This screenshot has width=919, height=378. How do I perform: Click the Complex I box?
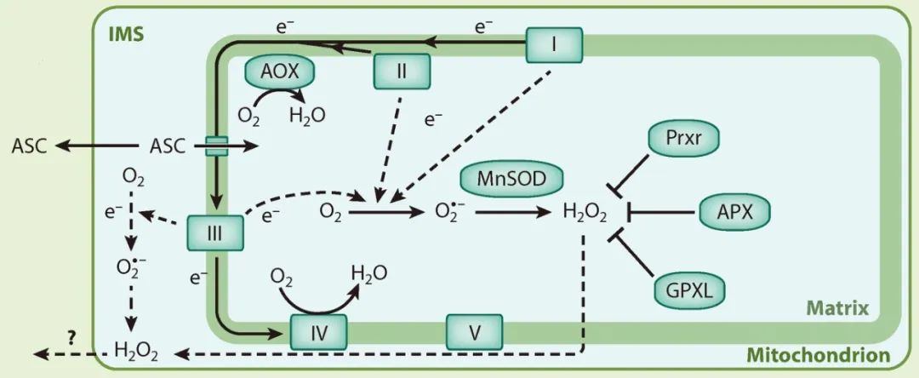tap(554, 42)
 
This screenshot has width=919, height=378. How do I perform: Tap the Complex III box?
tap(214, 231)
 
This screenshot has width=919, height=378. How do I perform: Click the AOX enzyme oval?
tap(280, 72)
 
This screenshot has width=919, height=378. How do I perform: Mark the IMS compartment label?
tap(125, 35)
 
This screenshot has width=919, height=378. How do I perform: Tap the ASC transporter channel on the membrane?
tap(215, 146)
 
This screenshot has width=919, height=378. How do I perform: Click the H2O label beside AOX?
tap(306, 113)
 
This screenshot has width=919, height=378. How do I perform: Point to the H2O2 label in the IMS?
tap(136, 350)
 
